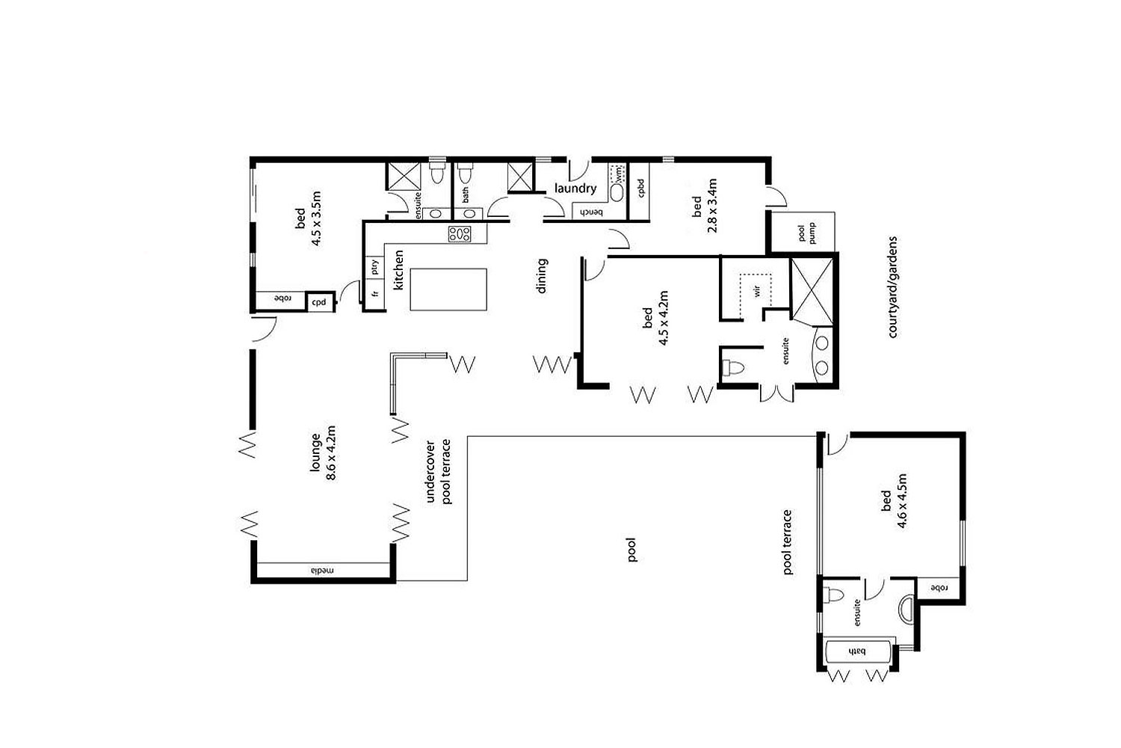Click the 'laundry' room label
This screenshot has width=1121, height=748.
coord(575,188)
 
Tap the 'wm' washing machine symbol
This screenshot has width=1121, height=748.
coord(619,174)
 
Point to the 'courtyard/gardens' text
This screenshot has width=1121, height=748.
coord(892,287)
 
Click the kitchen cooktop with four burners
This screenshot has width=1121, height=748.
coord(460,234)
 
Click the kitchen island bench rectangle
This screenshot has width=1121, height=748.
coord(448,289)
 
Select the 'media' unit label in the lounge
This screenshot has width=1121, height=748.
coord(322,570)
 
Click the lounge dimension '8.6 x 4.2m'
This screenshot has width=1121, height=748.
coord(331,453)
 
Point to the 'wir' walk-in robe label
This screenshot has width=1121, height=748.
coord(756,290)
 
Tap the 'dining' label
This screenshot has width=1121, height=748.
coord(542,275)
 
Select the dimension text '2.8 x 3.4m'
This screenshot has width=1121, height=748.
coord(712,206)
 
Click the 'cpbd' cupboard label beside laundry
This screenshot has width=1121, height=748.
coord(641,188)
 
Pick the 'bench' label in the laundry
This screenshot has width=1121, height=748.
coord(592,213)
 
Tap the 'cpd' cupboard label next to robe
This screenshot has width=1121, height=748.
coord(319,303)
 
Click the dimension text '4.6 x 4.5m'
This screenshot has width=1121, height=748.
coord(902,500)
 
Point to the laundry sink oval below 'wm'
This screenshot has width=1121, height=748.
coord(617,193)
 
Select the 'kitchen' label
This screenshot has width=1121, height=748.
coord(398,270)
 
